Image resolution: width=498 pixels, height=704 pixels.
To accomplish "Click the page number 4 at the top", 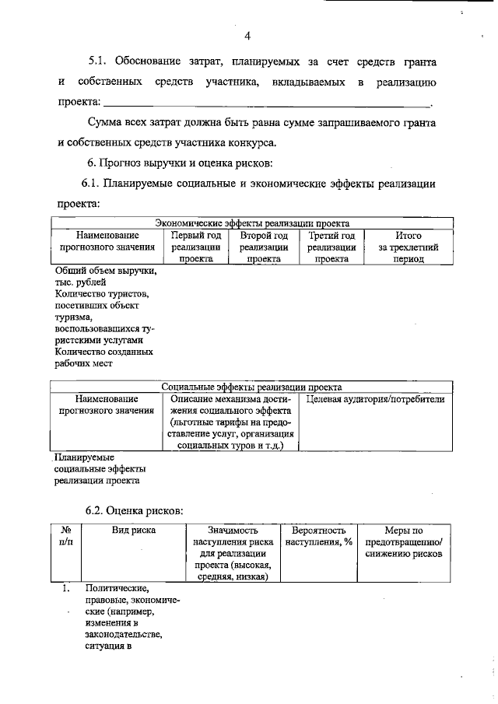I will [x=247, y=36].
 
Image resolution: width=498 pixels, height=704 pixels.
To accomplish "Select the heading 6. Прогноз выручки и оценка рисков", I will [x=179, y=163].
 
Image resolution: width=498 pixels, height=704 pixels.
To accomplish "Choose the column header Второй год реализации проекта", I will [x=264, y=247].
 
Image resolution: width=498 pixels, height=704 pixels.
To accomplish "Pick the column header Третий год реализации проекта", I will [x=331, y=247].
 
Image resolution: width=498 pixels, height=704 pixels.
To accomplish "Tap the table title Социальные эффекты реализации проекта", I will [x=252, y=387].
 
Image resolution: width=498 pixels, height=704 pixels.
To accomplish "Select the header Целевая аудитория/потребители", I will [x=375, y=400].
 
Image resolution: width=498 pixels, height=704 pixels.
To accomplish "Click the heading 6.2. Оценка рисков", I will [x=134, y=510].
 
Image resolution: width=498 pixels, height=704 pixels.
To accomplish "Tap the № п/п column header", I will [x=66, y=536].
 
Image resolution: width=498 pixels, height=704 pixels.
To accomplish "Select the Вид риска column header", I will [x=132, y=531].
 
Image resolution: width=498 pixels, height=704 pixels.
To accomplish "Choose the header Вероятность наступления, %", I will [x=319, y=536].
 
